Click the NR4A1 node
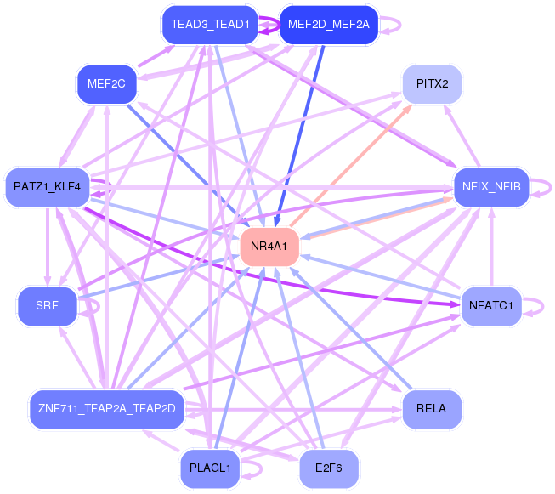pos(269,247)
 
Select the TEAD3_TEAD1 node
pos(210,25)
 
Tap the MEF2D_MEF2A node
pos(329,25)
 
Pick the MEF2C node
pos(106,84)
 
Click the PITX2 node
pos(432,84)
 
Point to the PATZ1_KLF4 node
pos(47,187)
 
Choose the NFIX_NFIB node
pos(491,187)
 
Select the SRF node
pos(47,306)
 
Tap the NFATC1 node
pos(491,306)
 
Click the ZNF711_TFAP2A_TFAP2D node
pos(106,409)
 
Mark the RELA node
pos(432,409)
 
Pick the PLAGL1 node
pos(210,468)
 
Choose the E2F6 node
pos(329,468)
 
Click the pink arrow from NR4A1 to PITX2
pos(351,165)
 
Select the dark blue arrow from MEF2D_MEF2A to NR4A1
pos(299,136)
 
